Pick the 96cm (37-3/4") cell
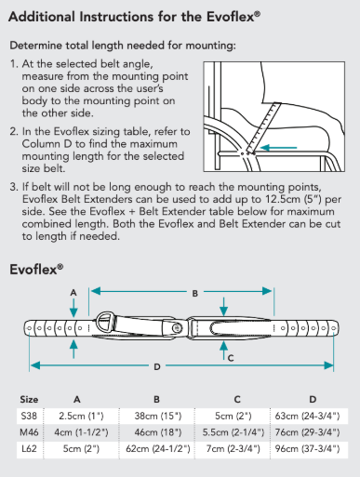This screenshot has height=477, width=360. [x=313, y=449]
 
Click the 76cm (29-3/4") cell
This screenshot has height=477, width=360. [x=313, y=431]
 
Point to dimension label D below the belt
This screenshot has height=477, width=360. [x=156, y=365]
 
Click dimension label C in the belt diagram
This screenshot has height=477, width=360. [x=230, y=356]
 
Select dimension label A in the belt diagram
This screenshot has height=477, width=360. [x=72, y=292]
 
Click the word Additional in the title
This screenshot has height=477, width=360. [x=44, y=17]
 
